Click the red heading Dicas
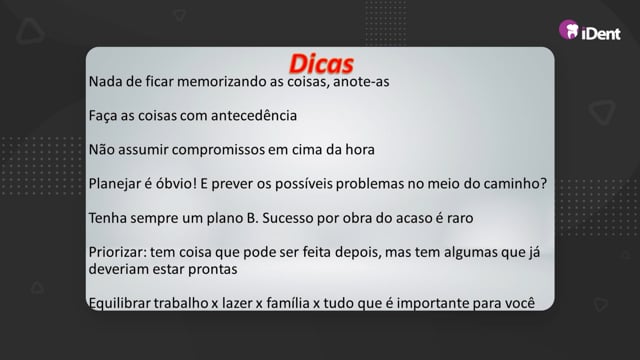point(321,64)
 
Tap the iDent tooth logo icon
point(569,29)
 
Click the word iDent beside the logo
point(601,33)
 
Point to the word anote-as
point(361,82)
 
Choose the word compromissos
point(218,150)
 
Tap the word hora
point(360,149)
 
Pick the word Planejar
point(115,184)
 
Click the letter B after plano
point(251,218)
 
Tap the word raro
point(460,218)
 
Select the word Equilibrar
point(119,304)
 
